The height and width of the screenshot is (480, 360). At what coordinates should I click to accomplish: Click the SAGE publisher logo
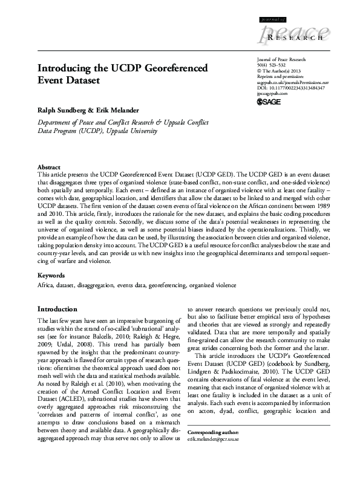click(x=269, y=103)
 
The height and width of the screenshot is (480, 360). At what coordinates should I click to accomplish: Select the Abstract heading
click(x=48, y=166)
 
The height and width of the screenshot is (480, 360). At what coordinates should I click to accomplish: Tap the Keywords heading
click(x=51, y=275)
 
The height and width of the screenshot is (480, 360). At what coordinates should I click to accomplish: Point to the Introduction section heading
click(x=57, y=309)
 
